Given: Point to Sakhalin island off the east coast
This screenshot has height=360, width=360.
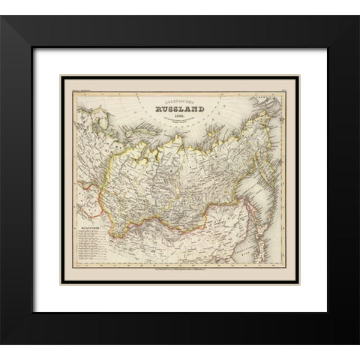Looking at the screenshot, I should tap(260, 214).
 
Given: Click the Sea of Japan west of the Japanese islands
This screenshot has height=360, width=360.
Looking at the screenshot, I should tap(259, 247).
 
